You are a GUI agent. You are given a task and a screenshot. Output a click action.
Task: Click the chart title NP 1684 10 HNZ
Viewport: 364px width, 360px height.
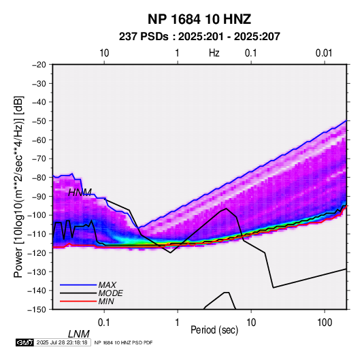[199, 19]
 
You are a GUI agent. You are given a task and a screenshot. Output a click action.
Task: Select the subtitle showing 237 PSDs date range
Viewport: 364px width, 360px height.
[199, 37]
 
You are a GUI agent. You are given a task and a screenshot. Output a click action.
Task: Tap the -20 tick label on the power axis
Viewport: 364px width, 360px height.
[39, 65]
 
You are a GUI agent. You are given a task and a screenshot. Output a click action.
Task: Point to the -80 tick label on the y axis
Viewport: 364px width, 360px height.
[39, 178]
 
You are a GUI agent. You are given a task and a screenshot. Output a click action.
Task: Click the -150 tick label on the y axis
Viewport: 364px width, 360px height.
[37, 310]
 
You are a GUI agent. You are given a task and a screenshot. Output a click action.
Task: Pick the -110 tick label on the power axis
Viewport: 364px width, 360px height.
[37, 234]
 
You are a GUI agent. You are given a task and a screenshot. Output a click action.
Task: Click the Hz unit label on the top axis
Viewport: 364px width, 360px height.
[214, 53]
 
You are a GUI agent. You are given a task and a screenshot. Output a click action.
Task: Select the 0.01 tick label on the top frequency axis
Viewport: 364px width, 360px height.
[324, 53]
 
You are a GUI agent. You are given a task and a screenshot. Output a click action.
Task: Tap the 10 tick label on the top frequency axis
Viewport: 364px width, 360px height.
[104, 53]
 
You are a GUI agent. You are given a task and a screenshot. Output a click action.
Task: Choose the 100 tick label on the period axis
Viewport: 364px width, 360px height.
[325, 323]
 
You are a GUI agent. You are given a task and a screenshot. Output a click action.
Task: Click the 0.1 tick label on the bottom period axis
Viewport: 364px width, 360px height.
[104, 323]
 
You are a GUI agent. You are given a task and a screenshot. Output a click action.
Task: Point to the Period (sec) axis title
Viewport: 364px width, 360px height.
[214, 330]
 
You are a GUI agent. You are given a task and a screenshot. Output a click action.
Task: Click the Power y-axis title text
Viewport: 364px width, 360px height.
[18, 187]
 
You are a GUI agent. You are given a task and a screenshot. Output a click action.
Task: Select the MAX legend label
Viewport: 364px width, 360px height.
[107, 285]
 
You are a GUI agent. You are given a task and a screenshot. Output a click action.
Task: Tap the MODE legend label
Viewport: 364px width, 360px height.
[110, 293]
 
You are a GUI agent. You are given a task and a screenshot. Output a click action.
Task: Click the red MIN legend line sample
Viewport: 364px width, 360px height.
[78, 301]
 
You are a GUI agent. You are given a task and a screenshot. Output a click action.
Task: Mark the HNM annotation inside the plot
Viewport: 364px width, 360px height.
[80, 193]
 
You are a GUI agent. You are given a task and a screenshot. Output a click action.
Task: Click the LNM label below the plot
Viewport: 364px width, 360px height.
[79, 334]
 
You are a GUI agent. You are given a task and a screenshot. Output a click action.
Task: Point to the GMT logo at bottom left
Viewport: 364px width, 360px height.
[24, 342]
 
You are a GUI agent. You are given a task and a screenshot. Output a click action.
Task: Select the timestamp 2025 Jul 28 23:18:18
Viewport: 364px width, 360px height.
[62, 342]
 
